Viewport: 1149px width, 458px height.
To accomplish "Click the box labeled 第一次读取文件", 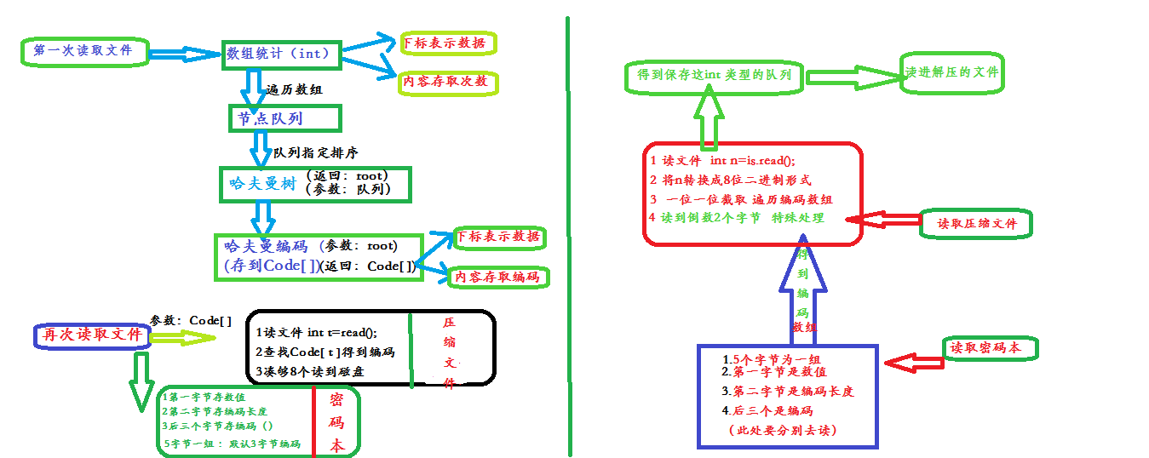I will tap(83, 51).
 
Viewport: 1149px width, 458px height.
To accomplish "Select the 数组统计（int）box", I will tap(279, 54).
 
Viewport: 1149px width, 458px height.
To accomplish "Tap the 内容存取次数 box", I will tap(446, 83).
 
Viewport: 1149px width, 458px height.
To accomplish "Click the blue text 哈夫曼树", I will tap(260, 183).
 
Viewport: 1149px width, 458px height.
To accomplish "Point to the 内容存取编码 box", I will tap(497, 277).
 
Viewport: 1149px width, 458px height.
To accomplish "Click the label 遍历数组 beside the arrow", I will tap(294, 89).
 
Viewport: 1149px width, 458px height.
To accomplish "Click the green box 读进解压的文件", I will tap(952, 72).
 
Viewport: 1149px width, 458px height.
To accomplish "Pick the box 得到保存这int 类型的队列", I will tap(714, 76).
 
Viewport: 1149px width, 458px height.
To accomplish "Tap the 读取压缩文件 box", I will tap(977, 224).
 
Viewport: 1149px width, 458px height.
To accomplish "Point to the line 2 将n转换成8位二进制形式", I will tap(730, 180).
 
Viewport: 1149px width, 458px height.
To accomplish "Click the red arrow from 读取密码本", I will tap(914, 362).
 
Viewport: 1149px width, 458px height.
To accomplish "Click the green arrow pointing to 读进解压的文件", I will tap(853, 77).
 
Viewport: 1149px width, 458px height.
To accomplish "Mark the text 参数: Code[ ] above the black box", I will tap(191, 320).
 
